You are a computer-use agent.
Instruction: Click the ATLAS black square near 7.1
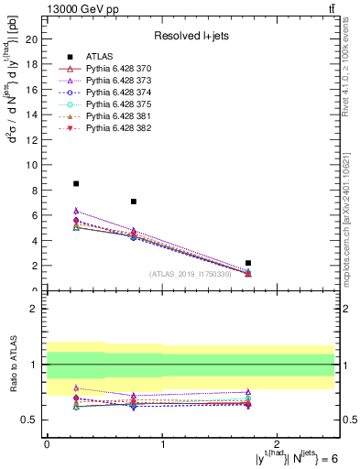pyautogui.click(x=134, y=202)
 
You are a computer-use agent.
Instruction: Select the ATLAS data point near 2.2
pyautogui.click(x=248, y=263)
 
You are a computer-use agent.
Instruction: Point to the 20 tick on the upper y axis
pyautogui.click(x=34, y=39)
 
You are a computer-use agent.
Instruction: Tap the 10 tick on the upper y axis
pyautogui.click(x=34, y=165)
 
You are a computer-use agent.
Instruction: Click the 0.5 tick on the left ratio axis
pyautogui.click(x=32, y=420)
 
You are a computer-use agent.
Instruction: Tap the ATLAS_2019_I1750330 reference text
pyautogui.click(x=191, y=274)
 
